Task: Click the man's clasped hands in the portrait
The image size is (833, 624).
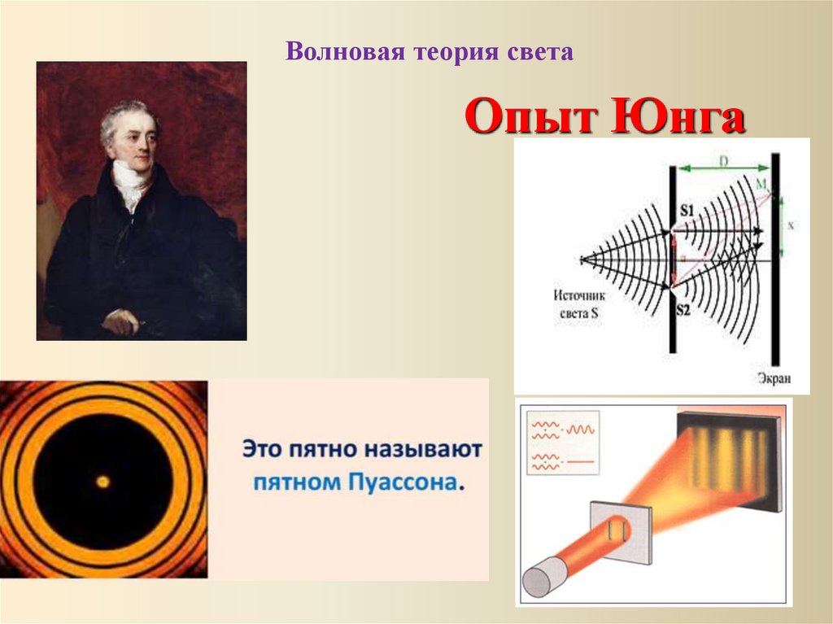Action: coord(120,322)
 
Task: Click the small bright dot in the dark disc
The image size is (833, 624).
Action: coord(102,482)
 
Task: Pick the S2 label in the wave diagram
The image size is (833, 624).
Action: coord(686,310)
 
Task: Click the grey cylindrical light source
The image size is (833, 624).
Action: coord(539,582)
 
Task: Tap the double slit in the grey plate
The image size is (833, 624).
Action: coord(615,530)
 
